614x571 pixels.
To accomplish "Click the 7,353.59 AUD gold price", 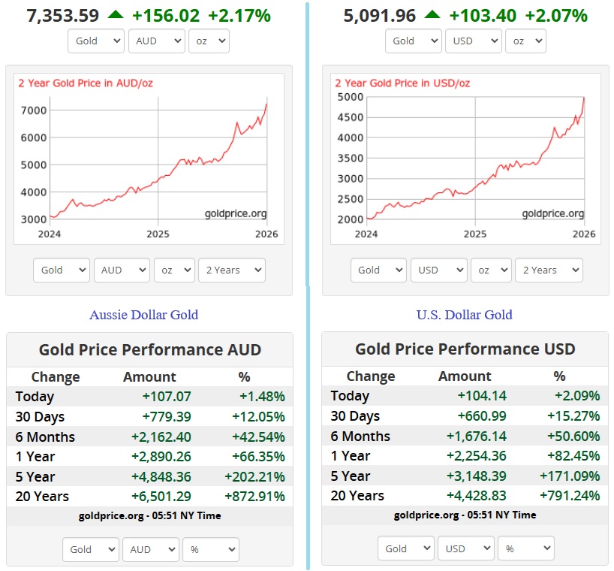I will [63, 14].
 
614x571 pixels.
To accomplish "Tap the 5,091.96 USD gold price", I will [380, 14].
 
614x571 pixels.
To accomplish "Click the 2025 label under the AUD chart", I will [158, 234].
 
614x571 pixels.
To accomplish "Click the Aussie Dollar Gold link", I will [143, 315].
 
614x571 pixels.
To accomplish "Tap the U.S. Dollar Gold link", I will [464, 315].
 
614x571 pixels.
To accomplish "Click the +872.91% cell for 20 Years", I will [255, 496].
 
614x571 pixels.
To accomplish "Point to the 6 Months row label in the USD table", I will [360, 437].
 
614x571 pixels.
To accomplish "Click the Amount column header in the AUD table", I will [149, 377].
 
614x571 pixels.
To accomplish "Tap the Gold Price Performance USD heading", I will [465, 349].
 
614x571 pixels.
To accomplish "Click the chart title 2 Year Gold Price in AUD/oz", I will [85, 83].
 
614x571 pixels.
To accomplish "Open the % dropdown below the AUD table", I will [210, 549].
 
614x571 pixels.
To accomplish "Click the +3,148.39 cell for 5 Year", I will [478, 476].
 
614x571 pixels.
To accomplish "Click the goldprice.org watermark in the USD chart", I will [552, 214].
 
